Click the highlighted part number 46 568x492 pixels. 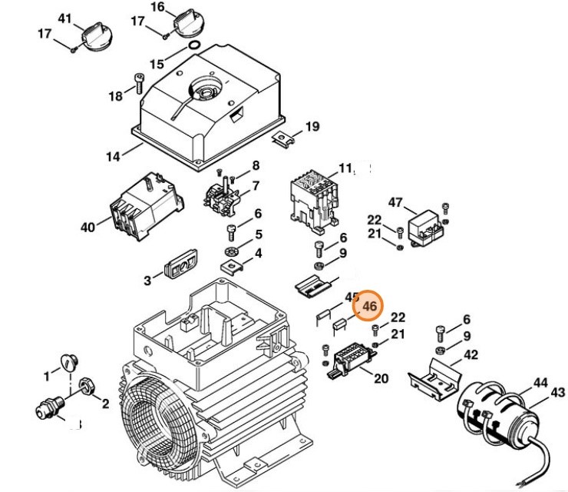tap(370, 307)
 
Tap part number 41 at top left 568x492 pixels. tap(65, 18)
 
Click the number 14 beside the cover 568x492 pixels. tap(113, 157)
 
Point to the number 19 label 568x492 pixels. tap(312, 127)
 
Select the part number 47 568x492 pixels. tap(395, 203)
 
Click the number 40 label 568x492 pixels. tap(87, 228)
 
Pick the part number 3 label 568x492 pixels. tap(147, 281)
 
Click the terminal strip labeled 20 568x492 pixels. tap(351, 357)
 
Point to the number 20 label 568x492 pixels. tap(381, 378)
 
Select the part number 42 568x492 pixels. tap(471, 355)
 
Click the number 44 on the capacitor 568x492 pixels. tap(541, 381)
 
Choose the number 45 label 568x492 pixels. tap(352, 297)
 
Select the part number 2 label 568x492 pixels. tap(105, 404)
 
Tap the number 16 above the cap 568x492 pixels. tap(157, 8)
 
